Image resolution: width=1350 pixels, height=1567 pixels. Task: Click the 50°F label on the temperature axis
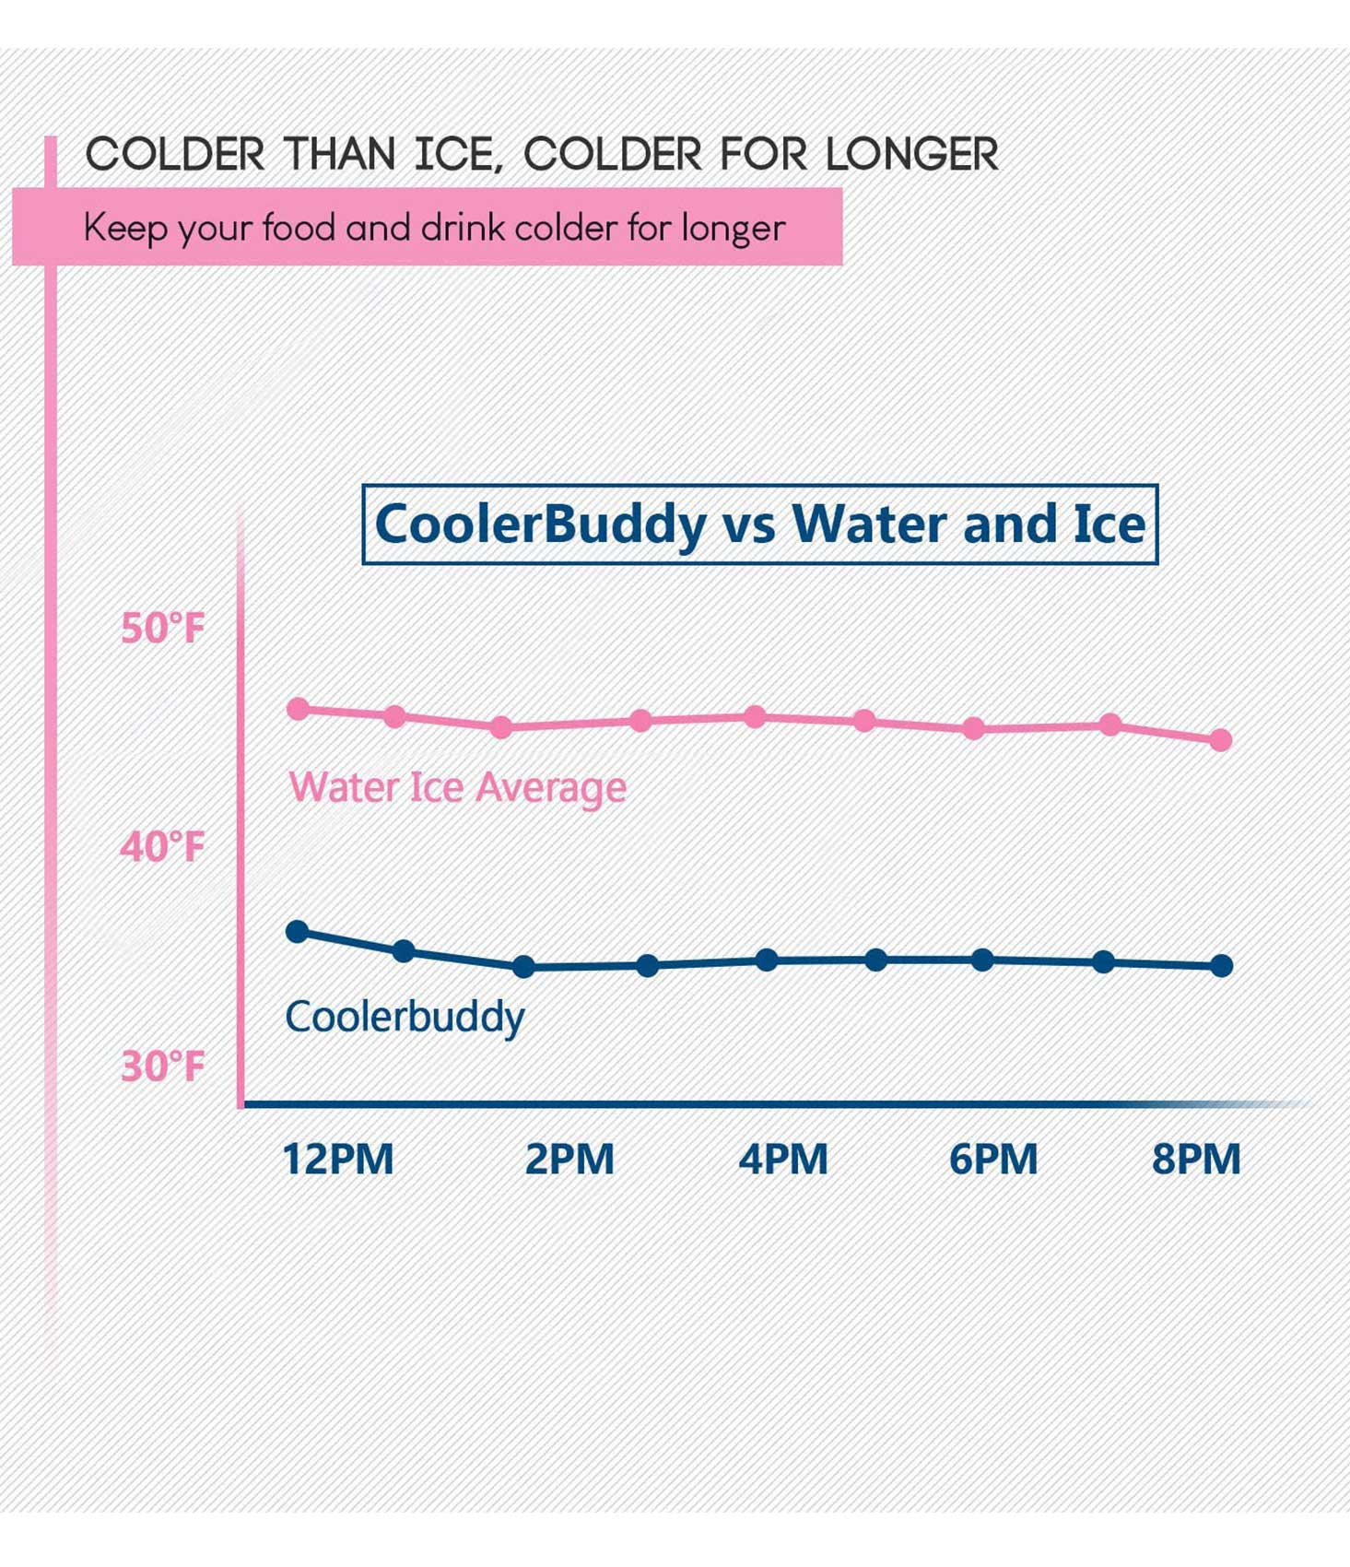162,629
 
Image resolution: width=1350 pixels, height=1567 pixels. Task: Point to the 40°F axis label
162,847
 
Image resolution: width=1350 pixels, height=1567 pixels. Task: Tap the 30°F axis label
162,1066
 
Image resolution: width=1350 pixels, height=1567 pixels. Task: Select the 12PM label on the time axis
337,1159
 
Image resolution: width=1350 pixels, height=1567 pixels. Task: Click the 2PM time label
569,1159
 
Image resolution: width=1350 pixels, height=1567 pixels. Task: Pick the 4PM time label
783,1159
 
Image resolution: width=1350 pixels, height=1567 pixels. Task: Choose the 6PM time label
993,1159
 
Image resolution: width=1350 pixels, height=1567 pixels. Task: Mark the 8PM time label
1196,1159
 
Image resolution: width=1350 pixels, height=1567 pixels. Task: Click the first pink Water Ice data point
299,709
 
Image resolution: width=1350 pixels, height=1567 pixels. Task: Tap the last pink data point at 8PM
1221,740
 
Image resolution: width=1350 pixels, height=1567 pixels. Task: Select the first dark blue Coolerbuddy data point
298,932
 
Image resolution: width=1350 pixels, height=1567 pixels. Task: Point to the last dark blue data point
1222,966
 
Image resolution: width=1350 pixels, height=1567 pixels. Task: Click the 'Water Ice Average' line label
457,787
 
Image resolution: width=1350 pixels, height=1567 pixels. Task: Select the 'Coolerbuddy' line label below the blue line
405,1018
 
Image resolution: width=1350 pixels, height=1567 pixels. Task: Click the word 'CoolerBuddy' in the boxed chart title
540,524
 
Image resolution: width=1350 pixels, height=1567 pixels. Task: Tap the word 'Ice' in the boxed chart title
1109,524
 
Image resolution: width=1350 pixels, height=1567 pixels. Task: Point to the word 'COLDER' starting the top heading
175,154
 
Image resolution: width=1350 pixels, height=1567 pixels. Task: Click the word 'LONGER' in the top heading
911,154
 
